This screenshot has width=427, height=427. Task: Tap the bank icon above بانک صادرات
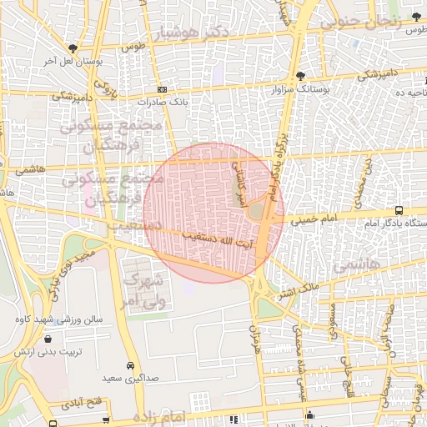(x=161, y=89)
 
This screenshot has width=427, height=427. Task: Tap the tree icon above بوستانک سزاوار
(x=300, y=76)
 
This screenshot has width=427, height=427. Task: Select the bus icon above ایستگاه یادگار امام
(x=399, y=211)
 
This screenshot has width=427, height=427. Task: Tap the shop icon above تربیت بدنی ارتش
(x=49, y=339)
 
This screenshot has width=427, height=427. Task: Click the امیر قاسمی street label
(x=239, y=183)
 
